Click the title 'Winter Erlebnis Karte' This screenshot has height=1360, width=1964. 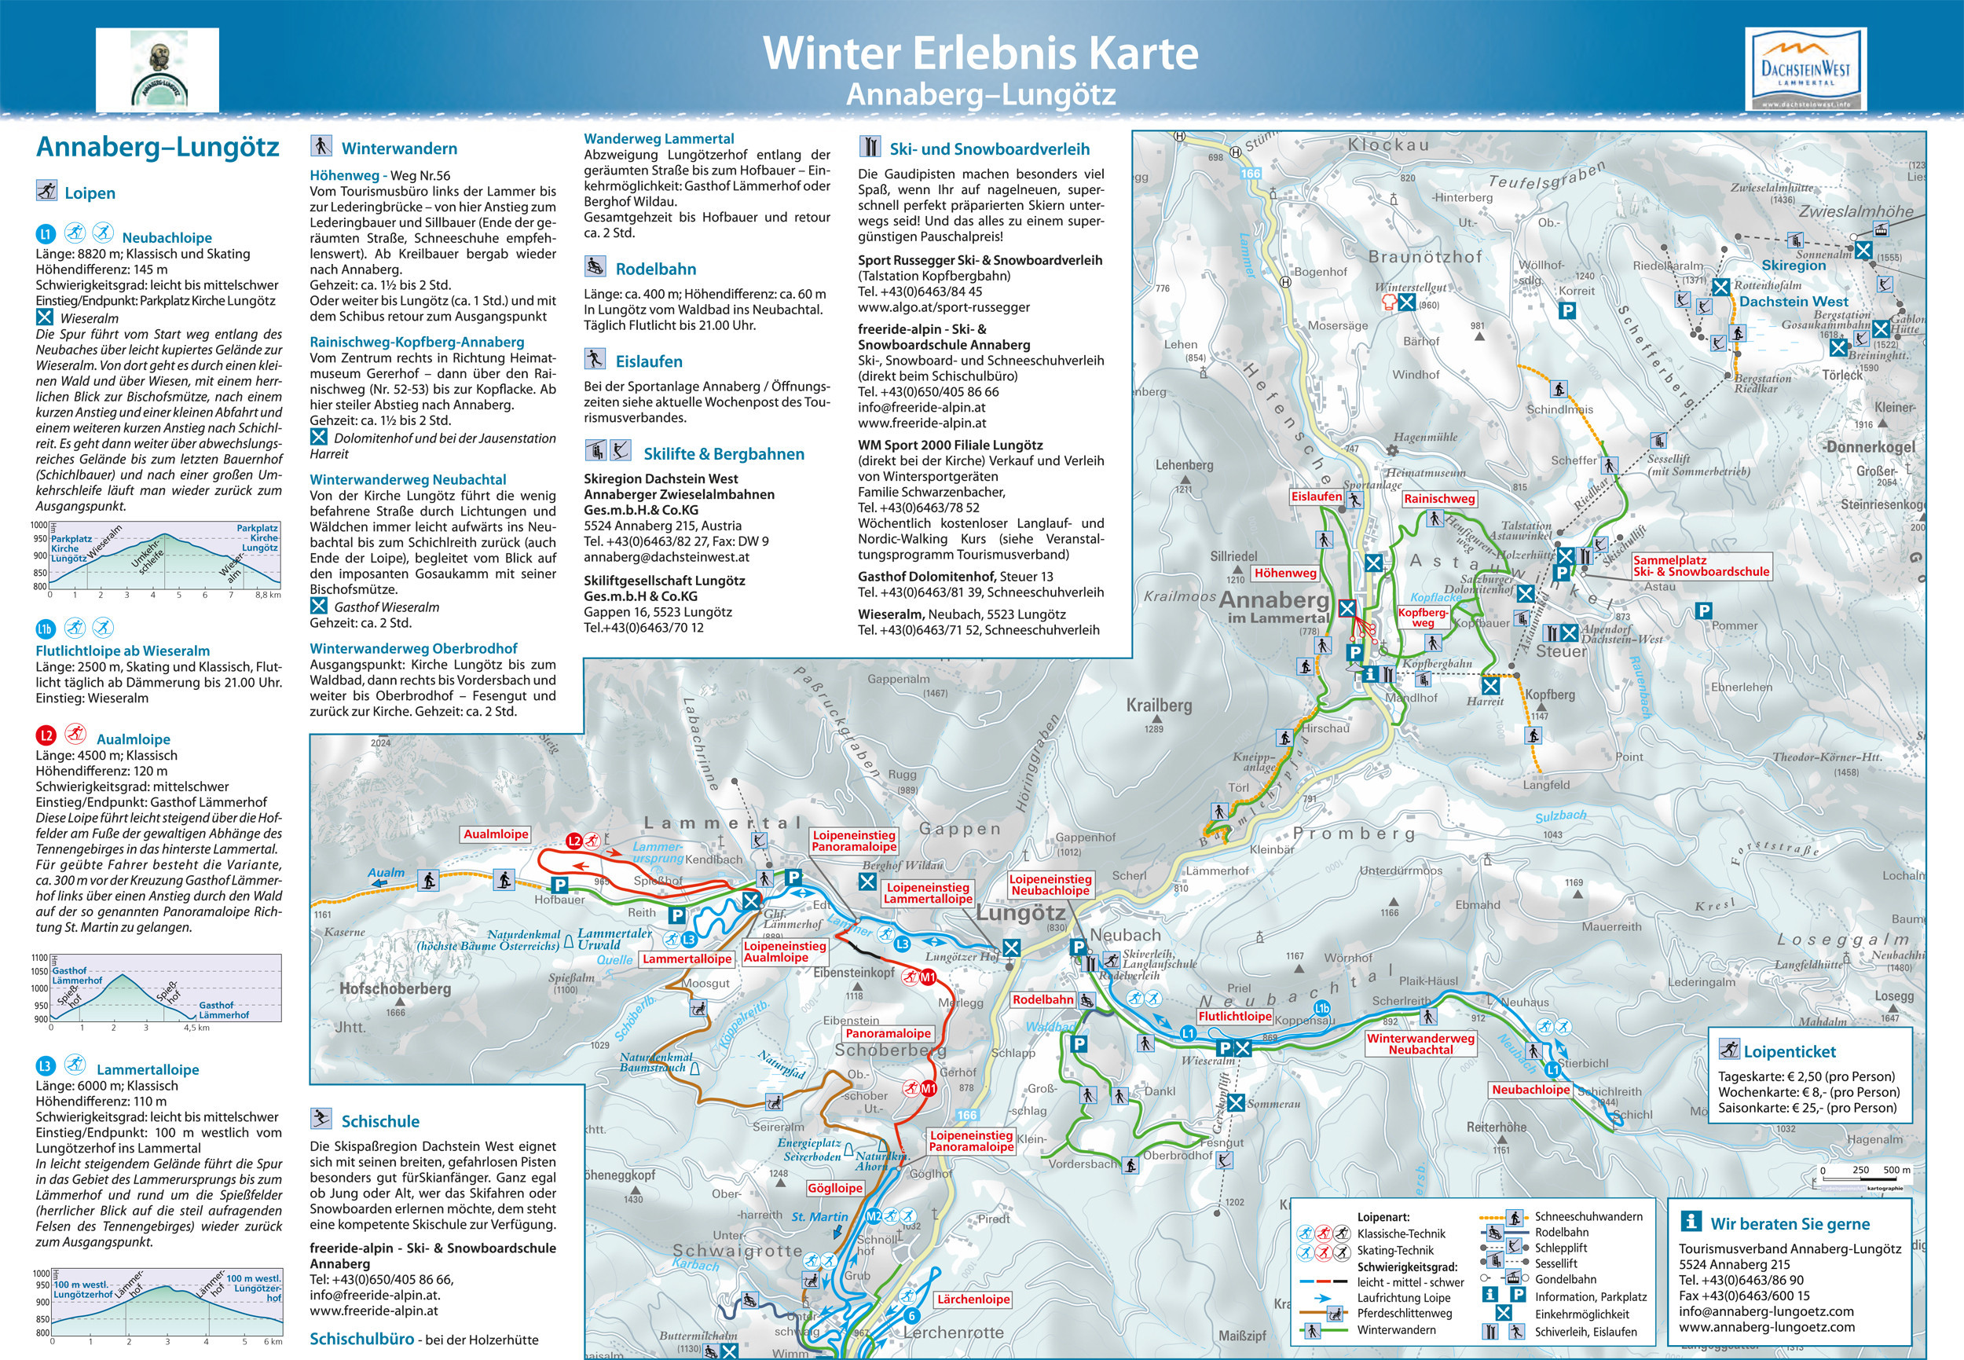(980, 53)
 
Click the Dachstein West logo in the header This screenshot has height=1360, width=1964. (1805, 69)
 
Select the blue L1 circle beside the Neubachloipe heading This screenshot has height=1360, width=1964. (45, 233)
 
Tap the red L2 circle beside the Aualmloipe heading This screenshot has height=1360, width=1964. (45, 735)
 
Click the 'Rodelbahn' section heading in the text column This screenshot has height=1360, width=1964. (655, 269)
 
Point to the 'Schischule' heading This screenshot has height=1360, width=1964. (380, 1121)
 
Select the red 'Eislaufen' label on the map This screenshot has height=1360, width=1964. (1316, 497)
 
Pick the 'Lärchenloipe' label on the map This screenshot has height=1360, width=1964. (973, 1300)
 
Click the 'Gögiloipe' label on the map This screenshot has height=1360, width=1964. (835, 1188)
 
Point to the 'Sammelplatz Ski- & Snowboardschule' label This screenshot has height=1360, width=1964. (1701, 566)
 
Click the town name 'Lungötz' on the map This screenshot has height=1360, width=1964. (1020, 914)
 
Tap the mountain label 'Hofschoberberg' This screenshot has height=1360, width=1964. (394, 988)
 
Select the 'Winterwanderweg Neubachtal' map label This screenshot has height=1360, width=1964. (1420, 1044)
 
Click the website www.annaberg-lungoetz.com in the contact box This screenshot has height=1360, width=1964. (1766, 1327)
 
